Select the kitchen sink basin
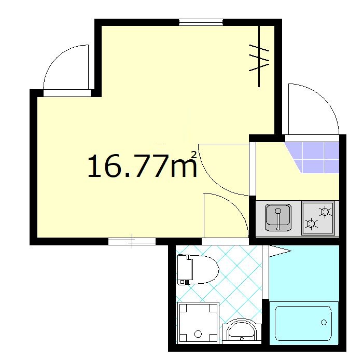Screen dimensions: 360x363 pyautogui.click(x=278, y=217)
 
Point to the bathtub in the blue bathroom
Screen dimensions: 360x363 pyautogui.click(x=303, y=323)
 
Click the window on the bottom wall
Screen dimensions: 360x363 pyautogui.click(x=132, y=241)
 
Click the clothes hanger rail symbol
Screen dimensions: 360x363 pyautogui.click(x=259, y=57)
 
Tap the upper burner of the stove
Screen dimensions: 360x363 pyautogui.click(x=325, y=211)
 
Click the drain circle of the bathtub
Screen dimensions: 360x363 pyautogui.click(x=324, y=323)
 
